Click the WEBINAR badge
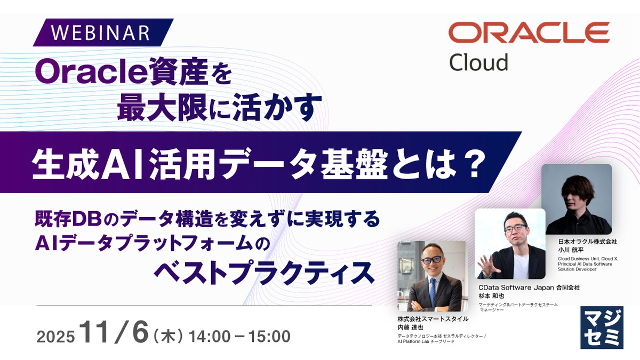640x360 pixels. pos(101,33)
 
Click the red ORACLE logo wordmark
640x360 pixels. pos(529,33)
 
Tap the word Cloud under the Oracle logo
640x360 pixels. pos(478,62)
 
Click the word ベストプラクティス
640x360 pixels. pos(263,273)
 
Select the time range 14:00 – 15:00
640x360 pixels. pos(243,336)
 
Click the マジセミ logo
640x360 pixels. pos(601,327)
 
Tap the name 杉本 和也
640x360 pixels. pos(491,295)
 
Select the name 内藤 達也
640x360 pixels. pos(411,327)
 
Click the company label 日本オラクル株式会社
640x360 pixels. pos(587,241)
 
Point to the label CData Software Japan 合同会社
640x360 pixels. pos(529,287)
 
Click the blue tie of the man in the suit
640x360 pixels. pos(432,287)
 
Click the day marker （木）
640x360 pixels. pos(169,337)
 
